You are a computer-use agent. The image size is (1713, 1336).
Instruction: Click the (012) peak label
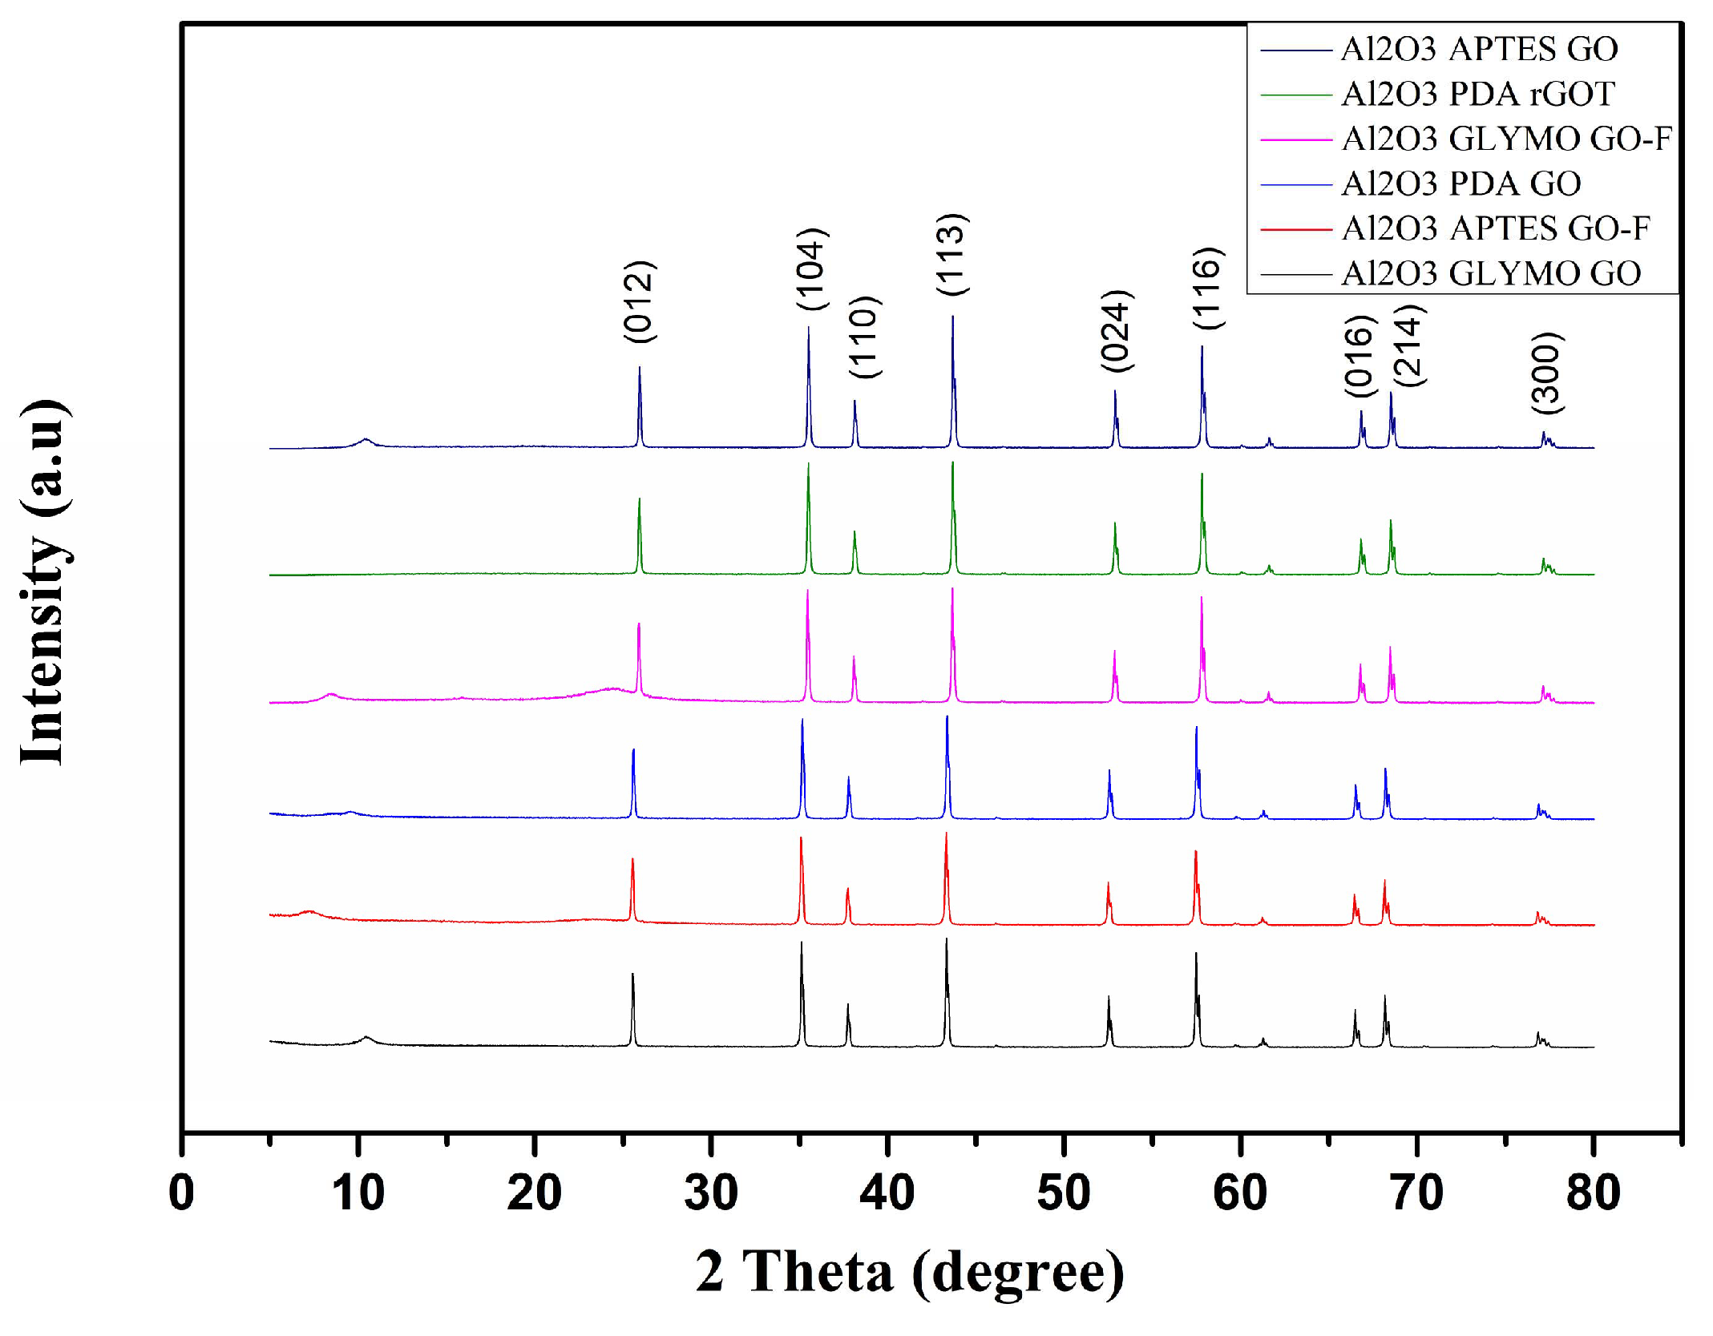point(640,301)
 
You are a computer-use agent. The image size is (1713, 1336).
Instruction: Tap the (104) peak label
point(811,268)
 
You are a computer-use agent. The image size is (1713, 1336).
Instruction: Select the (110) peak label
point(865,337)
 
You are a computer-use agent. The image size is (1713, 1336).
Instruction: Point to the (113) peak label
point(952,254)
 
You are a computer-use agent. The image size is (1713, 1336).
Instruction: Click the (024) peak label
point(1117,330)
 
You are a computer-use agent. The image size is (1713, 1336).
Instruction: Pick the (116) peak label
point(1207,288)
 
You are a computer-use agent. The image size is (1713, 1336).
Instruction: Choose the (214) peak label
point(1408,345)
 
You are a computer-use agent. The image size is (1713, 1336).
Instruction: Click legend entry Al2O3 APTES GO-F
point(1495,228)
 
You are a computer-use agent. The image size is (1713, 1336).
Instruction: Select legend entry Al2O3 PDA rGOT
point(1477,94)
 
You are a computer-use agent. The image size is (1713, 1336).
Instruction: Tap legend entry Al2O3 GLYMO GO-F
point(1505,139)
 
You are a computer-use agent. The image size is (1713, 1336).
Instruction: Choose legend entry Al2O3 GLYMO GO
point(1490,273)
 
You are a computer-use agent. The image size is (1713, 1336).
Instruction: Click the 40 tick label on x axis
point(887,1193)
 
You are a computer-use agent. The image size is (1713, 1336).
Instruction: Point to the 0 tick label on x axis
point(182,1193)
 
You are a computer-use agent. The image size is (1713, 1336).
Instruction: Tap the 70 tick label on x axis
point(1416,1193)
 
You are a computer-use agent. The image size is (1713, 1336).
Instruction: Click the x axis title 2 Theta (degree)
point(909,1273)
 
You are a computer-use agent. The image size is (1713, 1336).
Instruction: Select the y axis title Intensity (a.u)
point(44,582)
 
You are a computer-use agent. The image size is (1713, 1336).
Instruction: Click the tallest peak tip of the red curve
point(946,833)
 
